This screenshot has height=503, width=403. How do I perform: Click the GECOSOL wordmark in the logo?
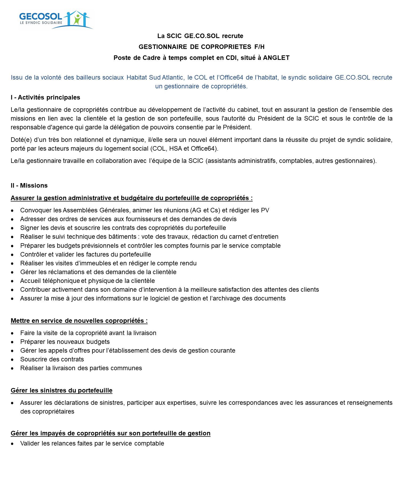pos(41,17)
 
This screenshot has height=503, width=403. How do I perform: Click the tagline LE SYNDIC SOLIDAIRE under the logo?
pos(41,23)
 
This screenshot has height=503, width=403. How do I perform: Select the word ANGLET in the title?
pos(276,58)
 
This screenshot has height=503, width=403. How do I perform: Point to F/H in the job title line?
pos(259,47)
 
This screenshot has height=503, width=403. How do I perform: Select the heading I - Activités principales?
pos(45,97)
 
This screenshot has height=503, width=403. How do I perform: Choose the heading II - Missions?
pos(29,185)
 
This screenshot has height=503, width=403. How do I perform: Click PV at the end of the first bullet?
pos(265,210)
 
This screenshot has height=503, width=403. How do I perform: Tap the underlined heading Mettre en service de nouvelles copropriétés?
pos(79,321)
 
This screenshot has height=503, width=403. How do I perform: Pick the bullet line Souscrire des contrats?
pos(52,359)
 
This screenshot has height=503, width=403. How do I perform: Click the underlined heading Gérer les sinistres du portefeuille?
pos(61,390)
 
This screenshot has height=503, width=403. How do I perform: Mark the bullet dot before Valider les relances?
pos(12,444)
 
